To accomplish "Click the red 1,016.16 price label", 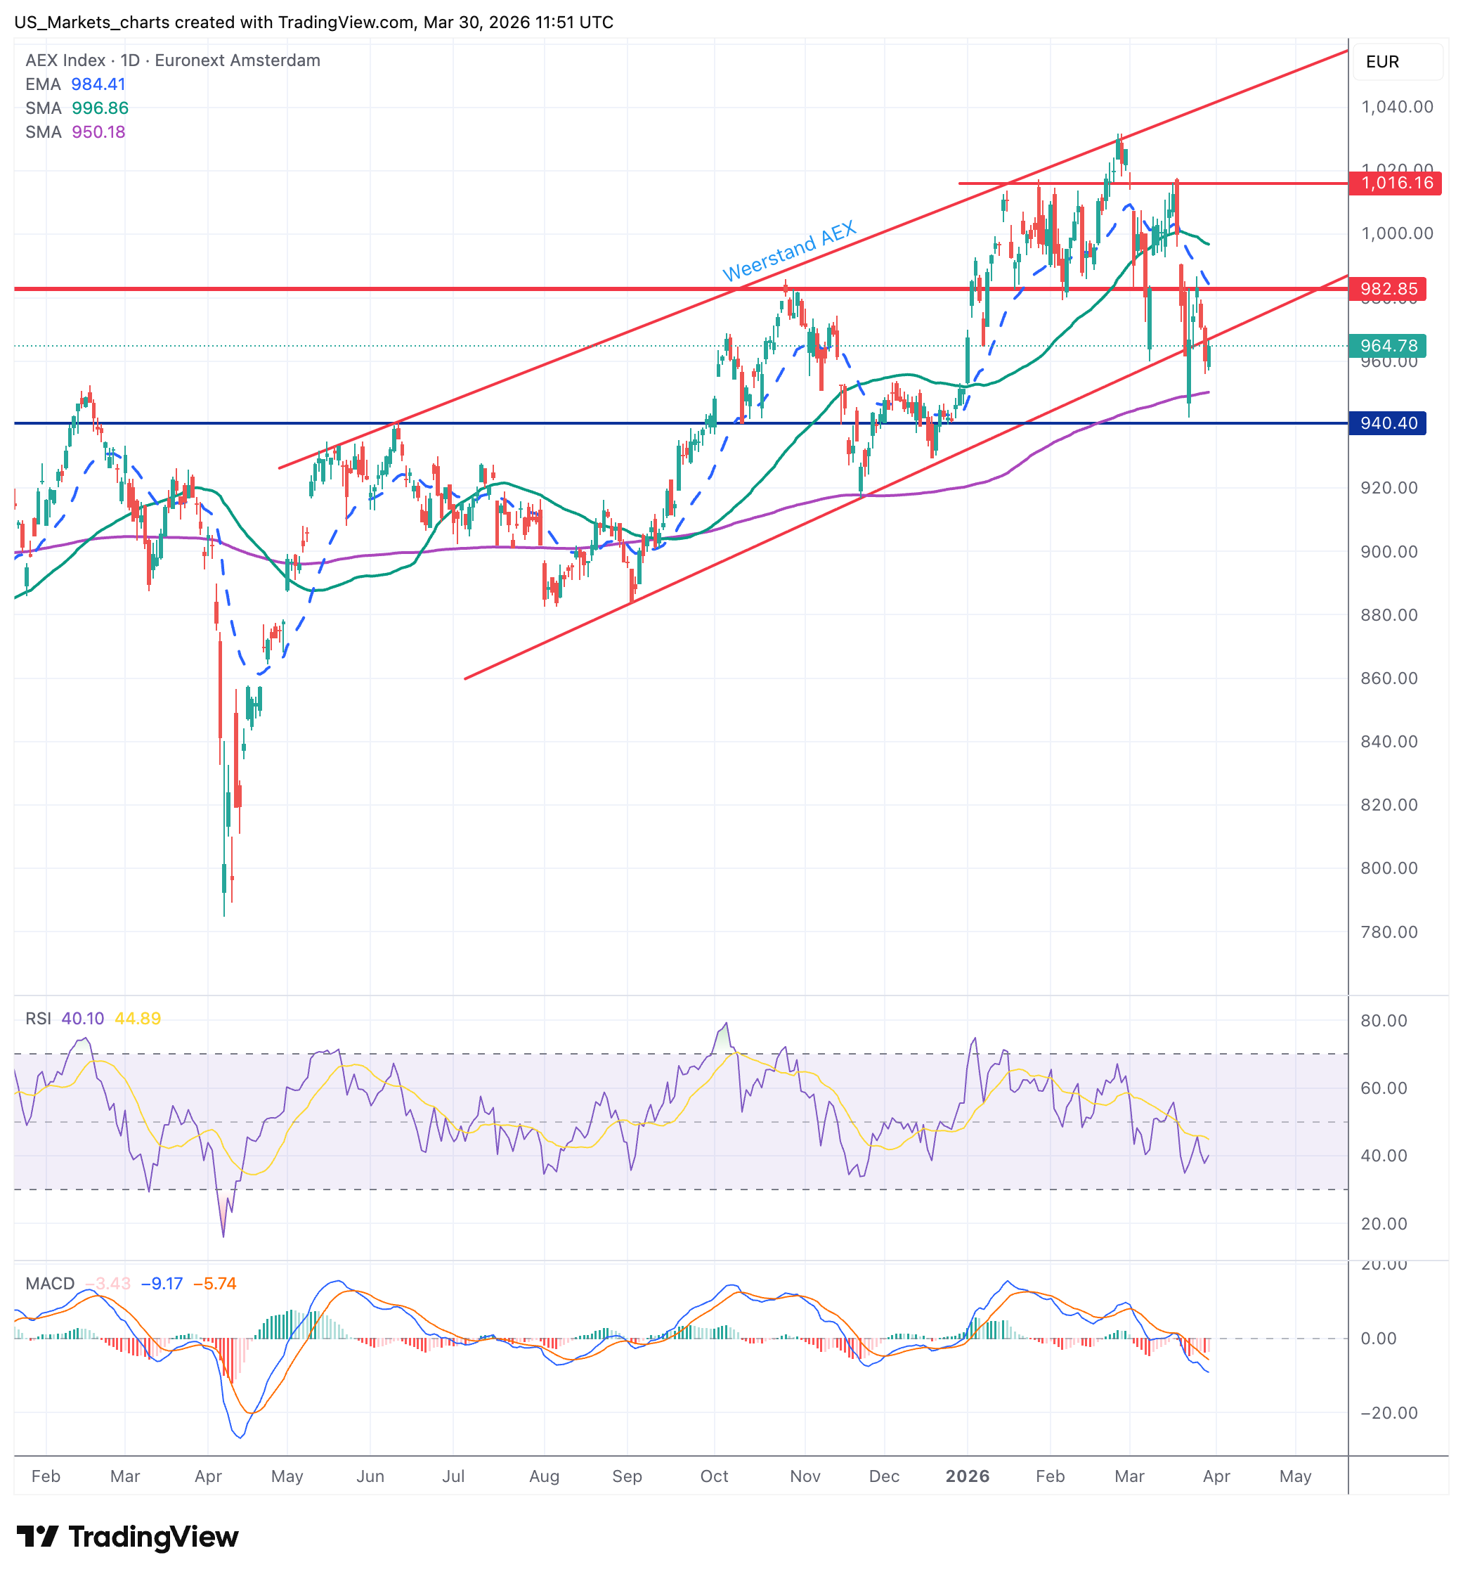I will (x=1396, y=183).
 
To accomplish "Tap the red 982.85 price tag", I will (x=1388, y=289).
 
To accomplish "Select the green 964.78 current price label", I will (x=1388, y=346).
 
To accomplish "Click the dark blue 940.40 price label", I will (x=1388, y=423).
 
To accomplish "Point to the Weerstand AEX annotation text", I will (x=788, y=251).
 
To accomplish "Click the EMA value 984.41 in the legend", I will (x=98, y=84).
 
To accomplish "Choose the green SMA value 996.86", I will (x=100, y=108).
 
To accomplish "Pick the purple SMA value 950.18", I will (x=98, y=131).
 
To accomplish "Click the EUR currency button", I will (x=1382, y=62).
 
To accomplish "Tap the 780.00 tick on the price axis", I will (x=1389, y=932).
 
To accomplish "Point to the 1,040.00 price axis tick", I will (x=1396, y=107).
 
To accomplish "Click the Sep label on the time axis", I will (x=626, y=1476).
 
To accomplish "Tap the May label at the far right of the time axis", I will (x=1295, y=1476).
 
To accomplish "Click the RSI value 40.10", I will (x=82, y=1019).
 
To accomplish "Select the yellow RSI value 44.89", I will (x=137, y=1019).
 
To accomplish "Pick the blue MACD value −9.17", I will (x=162, y=1284).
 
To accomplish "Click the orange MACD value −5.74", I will (x=214, y=1284).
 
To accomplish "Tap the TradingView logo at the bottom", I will (x=127, y=1537).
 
